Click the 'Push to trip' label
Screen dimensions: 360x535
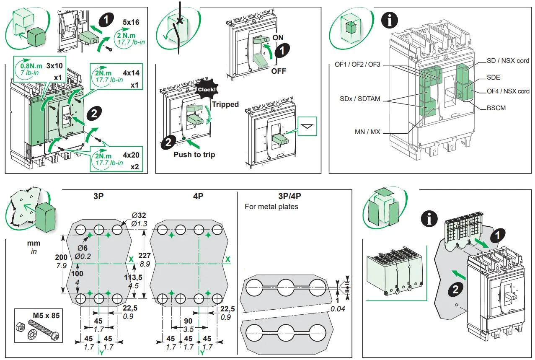click(194, 155)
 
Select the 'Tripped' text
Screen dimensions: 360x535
click(225, 104)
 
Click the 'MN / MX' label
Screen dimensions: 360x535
click(367, 132)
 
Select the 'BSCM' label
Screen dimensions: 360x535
click(496, 108)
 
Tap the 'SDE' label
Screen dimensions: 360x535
click(493, 78)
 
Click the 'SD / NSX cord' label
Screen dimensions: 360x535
click(508, 60)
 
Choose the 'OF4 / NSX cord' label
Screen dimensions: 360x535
click(508, 91)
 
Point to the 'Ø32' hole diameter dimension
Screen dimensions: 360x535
click(139, 215)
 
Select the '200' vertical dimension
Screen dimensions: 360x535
click(61, 257)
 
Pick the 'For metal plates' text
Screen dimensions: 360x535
click(271, 207)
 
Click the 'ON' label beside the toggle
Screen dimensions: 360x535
click(278, 37)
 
